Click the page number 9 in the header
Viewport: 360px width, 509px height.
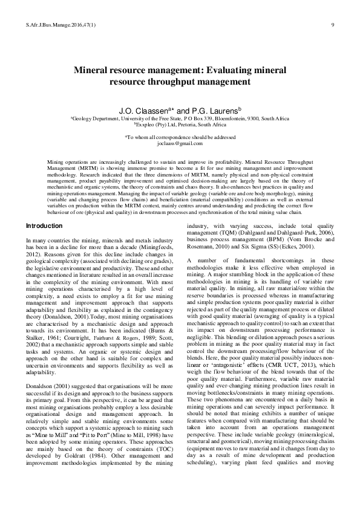pos(333,24)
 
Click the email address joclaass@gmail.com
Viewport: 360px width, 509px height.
pos(180,146)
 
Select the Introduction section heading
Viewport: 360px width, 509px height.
pos(44,225)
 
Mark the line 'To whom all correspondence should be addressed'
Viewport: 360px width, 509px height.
pos(180,139)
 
